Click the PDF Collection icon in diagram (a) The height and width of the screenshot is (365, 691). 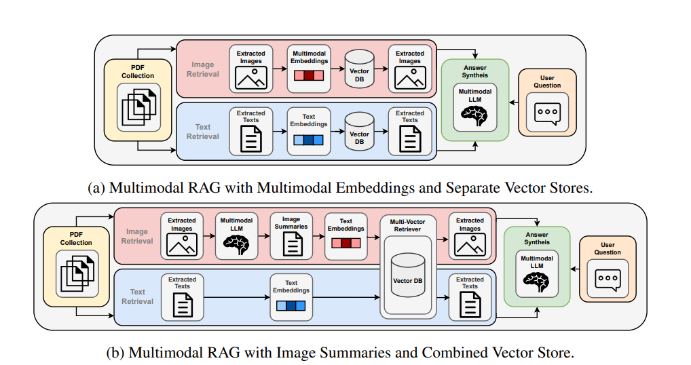click(138, 107)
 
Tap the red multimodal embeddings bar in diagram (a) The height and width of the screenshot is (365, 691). click(309, 77)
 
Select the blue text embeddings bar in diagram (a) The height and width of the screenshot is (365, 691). click(309, 140)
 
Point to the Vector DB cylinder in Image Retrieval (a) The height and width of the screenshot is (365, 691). click(359, 69)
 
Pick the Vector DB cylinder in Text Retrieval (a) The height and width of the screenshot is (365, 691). click(359, 130)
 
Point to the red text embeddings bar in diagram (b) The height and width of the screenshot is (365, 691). click(345, 243)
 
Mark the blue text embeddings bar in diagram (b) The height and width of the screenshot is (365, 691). click(291, 306)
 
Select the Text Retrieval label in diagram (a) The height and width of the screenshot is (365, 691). click(202, 132)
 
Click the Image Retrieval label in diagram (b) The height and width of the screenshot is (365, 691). click(137, 236)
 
